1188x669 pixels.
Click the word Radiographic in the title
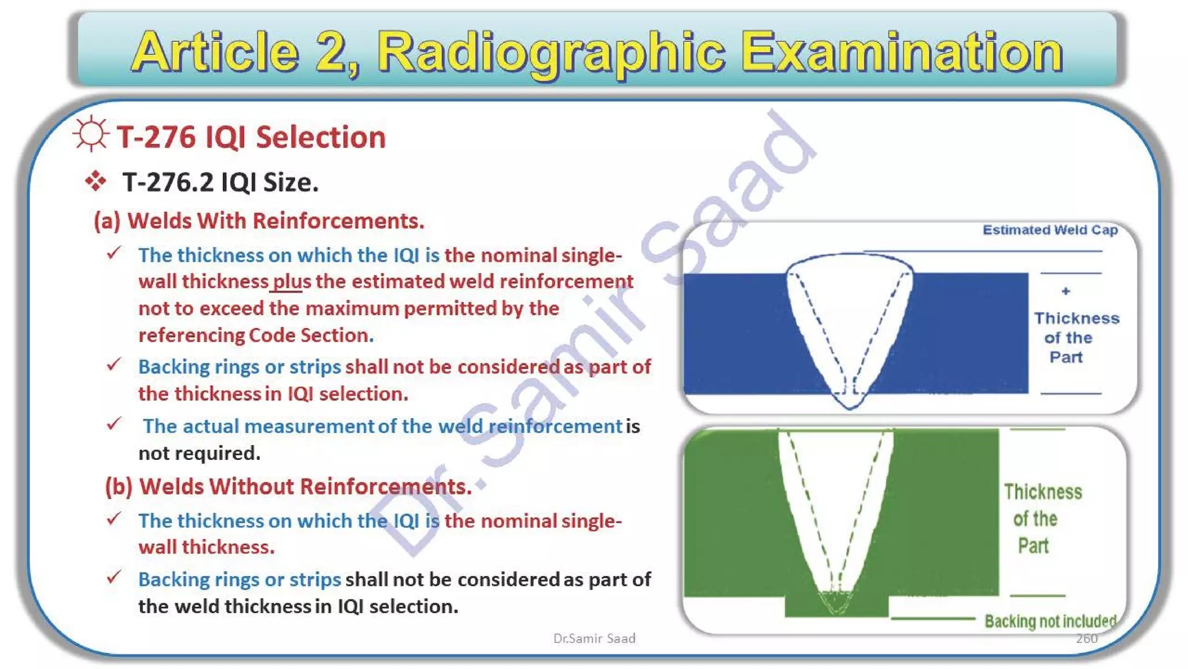tap(551, 53)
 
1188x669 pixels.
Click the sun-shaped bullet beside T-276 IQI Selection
tap(91, 134)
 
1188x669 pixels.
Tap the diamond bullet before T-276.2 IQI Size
tap(96, 182)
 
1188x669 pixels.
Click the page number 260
tap(1086, 639)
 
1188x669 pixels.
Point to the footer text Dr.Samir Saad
tap(594, 639)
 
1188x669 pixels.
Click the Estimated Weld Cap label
tap(1050, 230)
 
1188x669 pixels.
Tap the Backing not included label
tap(1050, 621)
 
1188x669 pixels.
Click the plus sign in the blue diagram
tap(1066, 291)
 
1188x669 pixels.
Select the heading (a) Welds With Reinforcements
tap(259, 221)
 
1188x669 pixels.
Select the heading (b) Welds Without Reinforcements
tap(288, 487)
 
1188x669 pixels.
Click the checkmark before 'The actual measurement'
tap(114, 424)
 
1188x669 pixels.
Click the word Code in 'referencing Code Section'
tap(270, 336)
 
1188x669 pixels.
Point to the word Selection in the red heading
tap(321, 138)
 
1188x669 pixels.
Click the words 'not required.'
tap(200, 454)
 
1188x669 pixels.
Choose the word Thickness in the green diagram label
tap(1043, 492)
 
